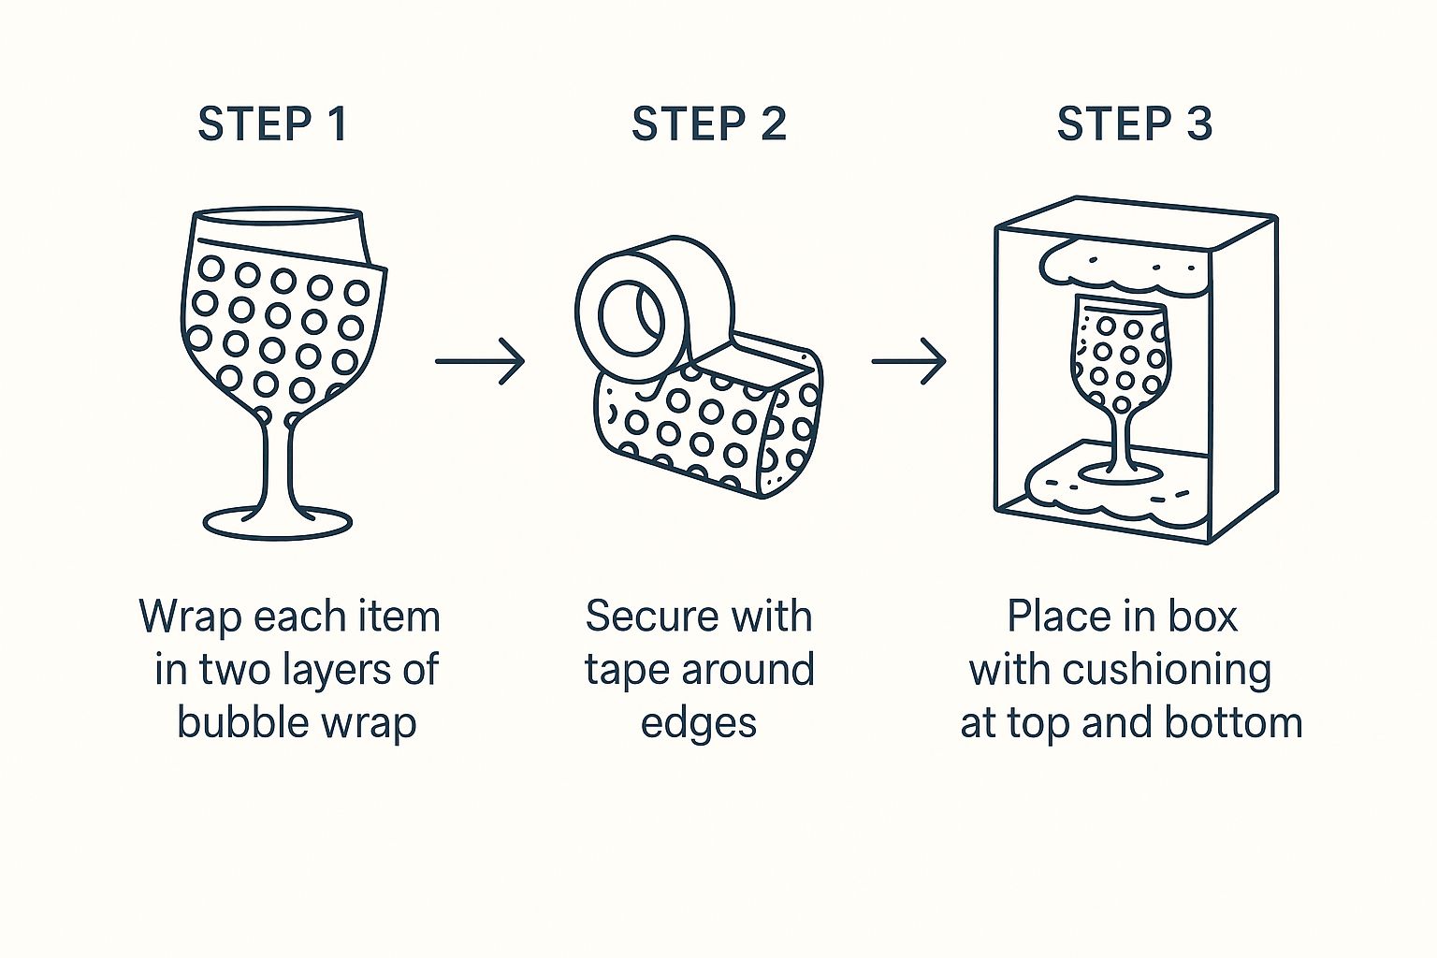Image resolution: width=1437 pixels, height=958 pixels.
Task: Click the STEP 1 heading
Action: (x=272, y=123)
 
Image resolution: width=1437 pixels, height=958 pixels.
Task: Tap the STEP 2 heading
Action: (x=709, y=123)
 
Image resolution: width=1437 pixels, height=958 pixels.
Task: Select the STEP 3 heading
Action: (x=1135, y=123)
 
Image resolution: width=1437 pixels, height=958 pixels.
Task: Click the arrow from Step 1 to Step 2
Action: (x=480, y=361)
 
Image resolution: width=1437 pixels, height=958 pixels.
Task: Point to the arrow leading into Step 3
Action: (x=908, y=361)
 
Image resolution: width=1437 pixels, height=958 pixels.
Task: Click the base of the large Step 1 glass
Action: (x=278, y=524)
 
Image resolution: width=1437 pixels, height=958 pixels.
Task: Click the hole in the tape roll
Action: (x=631, y=317)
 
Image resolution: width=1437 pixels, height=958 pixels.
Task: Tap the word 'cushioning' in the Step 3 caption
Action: (x=1167, y=672)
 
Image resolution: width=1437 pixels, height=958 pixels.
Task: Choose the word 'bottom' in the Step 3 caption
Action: (x=1234, y=723)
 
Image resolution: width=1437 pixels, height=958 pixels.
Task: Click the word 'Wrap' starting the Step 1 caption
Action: (x=191, y=617)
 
